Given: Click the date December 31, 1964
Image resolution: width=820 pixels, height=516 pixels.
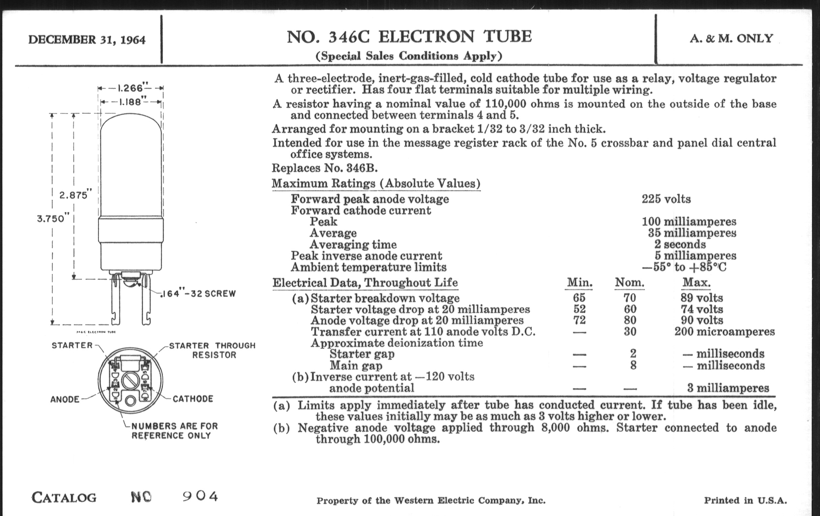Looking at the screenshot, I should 87,40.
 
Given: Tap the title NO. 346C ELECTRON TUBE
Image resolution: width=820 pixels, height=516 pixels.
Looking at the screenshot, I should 409,37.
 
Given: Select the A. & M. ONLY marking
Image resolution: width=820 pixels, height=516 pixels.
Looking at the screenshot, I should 731,38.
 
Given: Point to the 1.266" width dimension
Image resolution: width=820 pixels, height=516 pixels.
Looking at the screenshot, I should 130,88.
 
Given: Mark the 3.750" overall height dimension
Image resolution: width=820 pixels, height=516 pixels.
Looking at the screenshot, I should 51,218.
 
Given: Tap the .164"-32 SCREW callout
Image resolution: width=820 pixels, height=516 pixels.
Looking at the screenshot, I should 199,294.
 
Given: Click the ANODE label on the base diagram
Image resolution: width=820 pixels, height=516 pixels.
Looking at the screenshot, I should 65,399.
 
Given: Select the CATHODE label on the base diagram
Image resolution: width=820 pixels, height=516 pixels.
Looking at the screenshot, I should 193,399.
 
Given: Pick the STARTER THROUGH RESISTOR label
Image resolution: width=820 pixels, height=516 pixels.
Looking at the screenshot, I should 212,350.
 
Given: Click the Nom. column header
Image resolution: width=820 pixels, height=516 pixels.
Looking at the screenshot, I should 629,282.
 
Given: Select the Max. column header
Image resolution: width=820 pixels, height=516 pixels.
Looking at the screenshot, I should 696,282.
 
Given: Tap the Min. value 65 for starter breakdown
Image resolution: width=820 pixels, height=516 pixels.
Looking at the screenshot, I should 579,298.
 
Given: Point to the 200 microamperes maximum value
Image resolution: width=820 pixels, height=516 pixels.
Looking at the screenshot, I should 724,332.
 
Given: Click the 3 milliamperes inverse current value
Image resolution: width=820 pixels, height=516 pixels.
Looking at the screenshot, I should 728,388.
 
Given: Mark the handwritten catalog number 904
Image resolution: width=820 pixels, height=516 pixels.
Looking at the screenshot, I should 200,496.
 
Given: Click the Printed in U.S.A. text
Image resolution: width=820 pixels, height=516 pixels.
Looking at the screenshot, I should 745,500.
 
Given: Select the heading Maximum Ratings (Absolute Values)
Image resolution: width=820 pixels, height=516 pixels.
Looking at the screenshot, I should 376,183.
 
